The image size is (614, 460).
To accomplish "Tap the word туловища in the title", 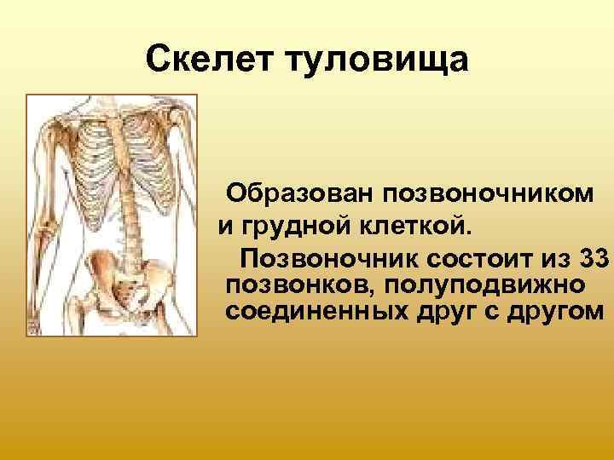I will tap(374, 60).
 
